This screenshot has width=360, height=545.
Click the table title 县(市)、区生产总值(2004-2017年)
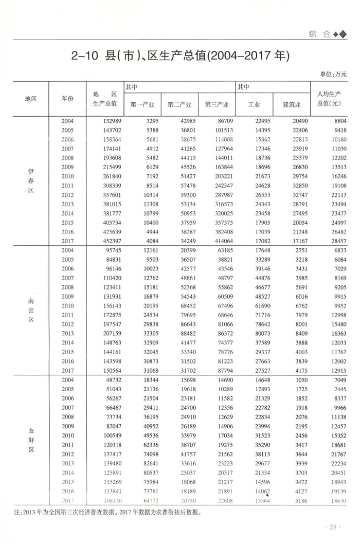point(179,56)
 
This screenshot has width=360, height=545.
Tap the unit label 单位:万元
point(333,74)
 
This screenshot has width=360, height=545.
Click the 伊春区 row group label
point(30,180)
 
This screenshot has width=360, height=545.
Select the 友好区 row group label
point(30,440)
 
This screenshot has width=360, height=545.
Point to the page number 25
point(333,527)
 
